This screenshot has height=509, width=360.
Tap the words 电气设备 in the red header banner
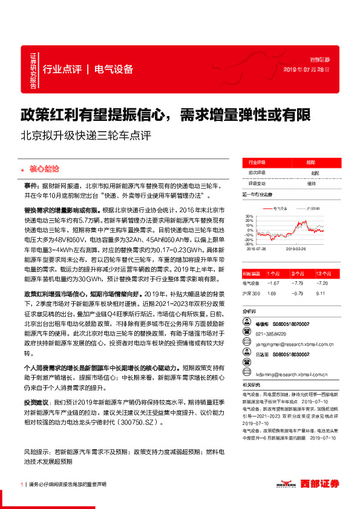click(114, 69)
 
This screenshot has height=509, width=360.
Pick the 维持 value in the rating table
click(311, 183)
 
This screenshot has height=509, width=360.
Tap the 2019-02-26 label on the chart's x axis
click(295, 248)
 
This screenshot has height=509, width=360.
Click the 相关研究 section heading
click(250, 384)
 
